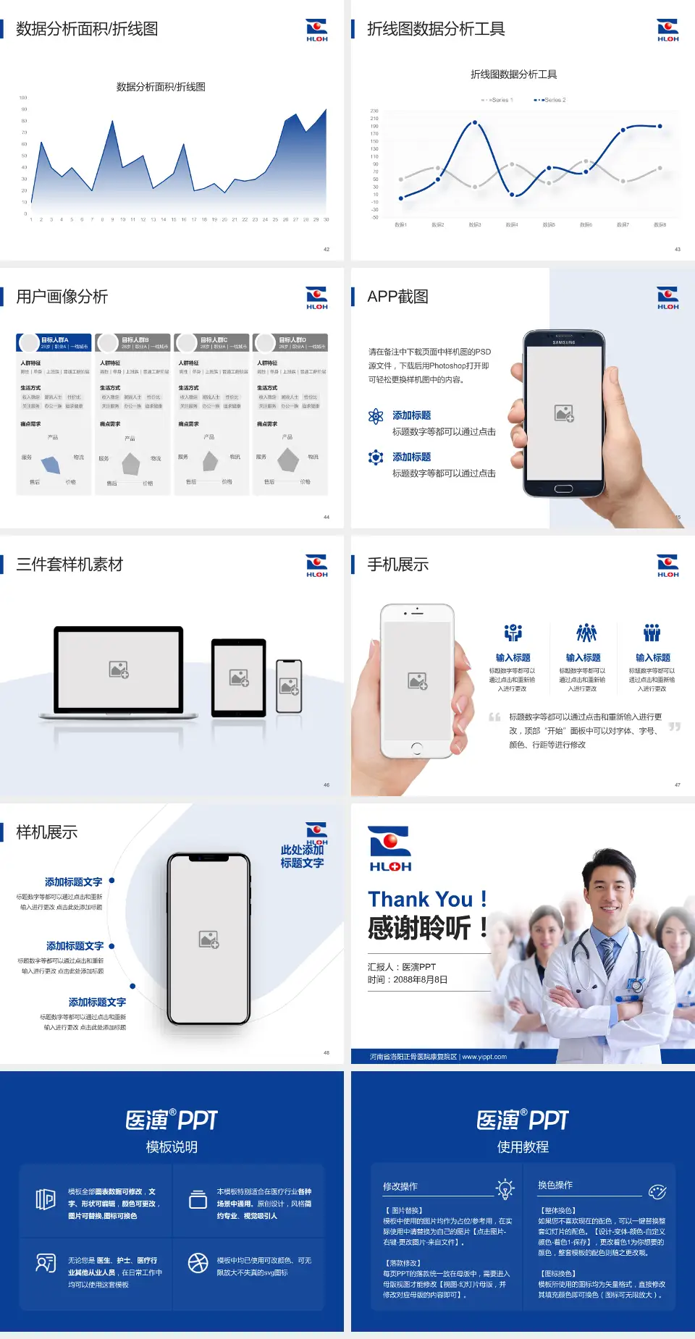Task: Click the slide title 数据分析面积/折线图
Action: pos(87,29)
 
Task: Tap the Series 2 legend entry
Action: pos(551,100)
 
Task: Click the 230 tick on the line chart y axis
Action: pos(374,111)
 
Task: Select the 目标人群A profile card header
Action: pos(54,342)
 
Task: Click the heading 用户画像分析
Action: pos(62,297)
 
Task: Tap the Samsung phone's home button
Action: pos(563,489)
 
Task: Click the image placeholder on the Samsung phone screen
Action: pos(564,413)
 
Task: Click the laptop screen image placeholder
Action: pos(119,669)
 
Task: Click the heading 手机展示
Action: pos(397,565)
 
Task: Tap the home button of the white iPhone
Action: pos(417,748)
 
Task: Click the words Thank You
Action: pos(420,900)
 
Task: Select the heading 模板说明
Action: pos(172,1147)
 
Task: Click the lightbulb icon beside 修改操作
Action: pos(505,1188)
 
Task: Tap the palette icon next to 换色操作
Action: pos(657,1191)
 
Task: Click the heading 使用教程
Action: pos(523,1147)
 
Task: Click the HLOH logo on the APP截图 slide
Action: pos(667,297)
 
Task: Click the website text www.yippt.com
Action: pos(484,1057)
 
